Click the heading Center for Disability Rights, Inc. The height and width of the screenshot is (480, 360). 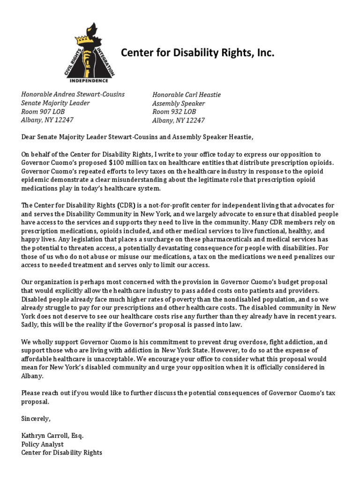pyautogui.click(x=197, y=53)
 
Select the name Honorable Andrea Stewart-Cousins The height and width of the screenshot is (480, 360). pyautogui.click(x=73, y=94)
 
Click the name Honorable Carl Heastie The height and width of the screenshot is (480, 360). pyautogui.click(x=186, y=95)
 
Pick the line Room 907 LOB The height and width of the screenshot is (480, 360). pyautogui.click(x=43, y=112)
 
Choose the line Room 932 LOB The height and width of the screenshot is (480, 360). pyautogui.click(x=174, y=112)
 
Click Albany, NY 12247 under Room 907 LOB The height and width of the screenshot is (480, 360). pyautogui.click(x=47, y=120)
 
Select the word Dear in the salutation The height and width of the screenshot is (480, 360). pyautogui.click(x=29, y=137)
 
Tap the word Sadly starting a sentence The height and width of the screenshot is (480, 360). pyautogui.click(x=31, y=325)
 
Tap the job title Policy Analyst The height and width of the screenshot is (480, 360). pyautogui.click(x=42, y=444)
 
